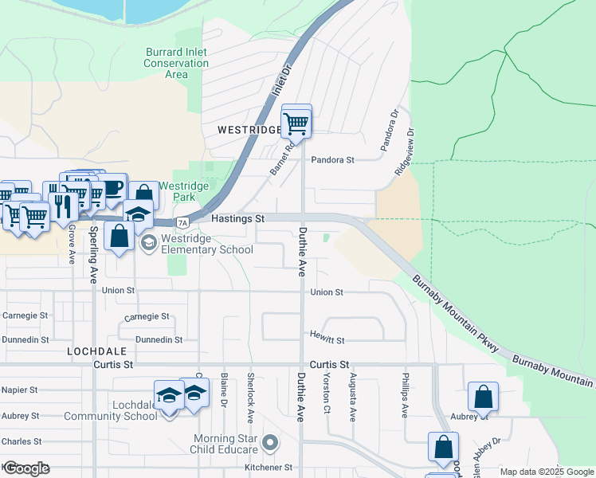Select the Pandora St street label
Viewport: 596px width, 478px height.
point(332,159)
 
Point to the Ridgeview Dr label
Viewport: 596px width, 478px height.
point(405,153)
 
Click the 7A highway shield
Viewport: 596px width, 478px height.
point(183,222)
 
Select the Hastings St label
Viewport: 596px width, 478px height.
point(237,218)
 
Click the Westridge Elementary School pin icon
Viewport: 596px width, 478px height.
point(148,243)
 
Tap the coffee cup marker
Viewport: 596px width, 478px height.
point(112,189)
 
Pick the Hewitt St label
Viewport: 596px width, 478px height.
point(327,340)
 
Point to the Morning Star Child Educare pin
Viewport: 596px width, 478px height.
point(270,441)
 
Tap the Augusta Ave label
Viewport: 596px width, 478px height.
point(352,395)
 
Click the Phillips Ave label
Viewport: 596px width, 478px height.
point(405,396)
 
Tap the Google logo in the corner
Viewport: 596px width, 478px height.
point(26,468)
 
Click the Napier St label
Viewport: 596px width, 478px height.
point(20,390)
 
